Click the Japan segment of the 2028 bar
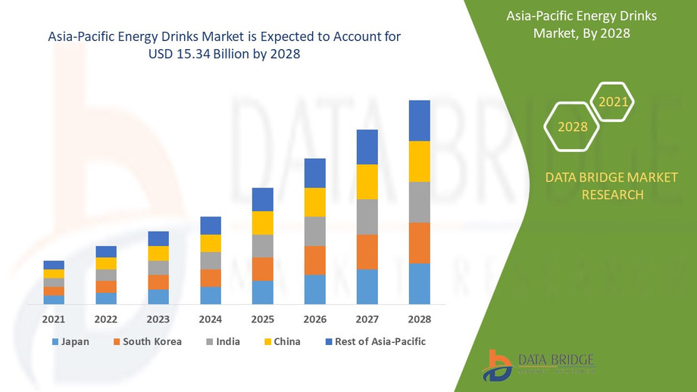pyautogui.click(x=419, y=284)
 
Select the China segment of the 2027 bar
pyautogui.click(x=367, y=182)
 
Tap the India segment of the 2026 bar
pyautogui.click(x=314, y=231)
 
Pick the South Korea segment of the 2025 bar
pyautogui.click(x=262, y=269)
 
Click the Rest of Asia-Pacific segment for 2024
pyautogui.click(x=211, y=226)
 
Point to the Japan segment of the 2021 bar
pyautogui.click(x=54, y=300)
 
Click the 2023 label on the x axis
pyautogui.click(x=158, y=319)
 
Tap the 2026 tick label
pyautogui.click(x=314, y=319)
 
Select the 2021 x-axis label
pyautogui.click(x=54, y=319)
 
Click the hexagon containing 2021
pyautogui.click(x=612, y=101)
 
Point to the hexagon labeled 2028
pyautogui.click(x=573, y=126)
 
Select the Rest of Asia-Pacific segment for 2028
pyautogui.click(x=419, y=120)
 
